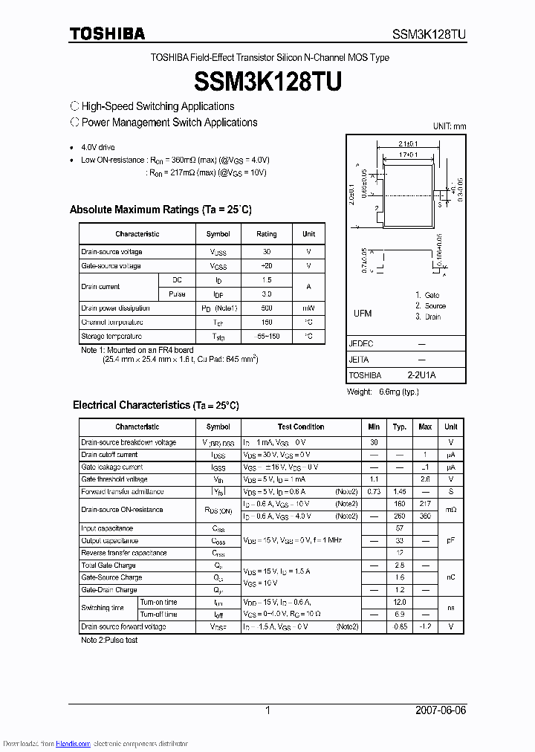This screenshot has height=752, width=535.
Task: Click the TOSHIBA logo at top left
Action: click(108, 33)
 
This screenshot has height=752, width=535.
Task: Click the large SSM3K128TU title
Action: click(267, 81)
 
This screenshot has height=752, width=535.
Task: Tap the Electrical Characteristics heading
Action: click(156, 405)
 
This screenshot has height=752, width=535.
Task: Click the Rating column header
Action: click(267, 234)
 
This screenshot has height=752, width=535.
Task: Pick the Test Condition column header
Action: click(301, 427)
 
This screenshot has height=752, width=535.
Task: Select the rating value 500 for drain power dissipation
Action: click(267, 308)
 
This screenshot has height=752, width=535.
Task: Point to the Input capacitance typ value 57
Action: click(399, 528)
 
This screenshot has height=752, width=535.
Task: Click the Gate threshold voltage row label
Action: click(114, 479)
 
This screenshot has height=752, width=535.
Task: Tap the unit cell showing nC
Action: click(450, 577)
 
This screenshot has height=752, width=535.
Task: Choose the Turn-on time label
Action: click(158, 602)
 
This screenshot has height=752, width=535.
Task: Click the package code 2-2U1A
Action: click(421, 375)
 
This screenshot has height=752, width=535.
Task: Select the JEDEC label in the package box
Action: click(361, 344)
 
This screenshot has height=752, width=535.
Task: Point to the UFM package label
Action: click(363, 314)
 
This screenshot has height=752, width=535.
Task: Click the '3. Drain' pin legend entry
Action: click(428, 317)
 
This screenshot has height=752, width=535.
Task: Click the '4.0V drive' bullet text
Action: click(98, 147)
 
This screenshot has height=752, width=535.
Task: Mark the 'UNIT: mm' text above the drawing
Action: click(450, 126)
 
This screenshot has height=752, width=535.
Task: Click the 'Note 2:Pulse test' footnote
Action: click(109, 640)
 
